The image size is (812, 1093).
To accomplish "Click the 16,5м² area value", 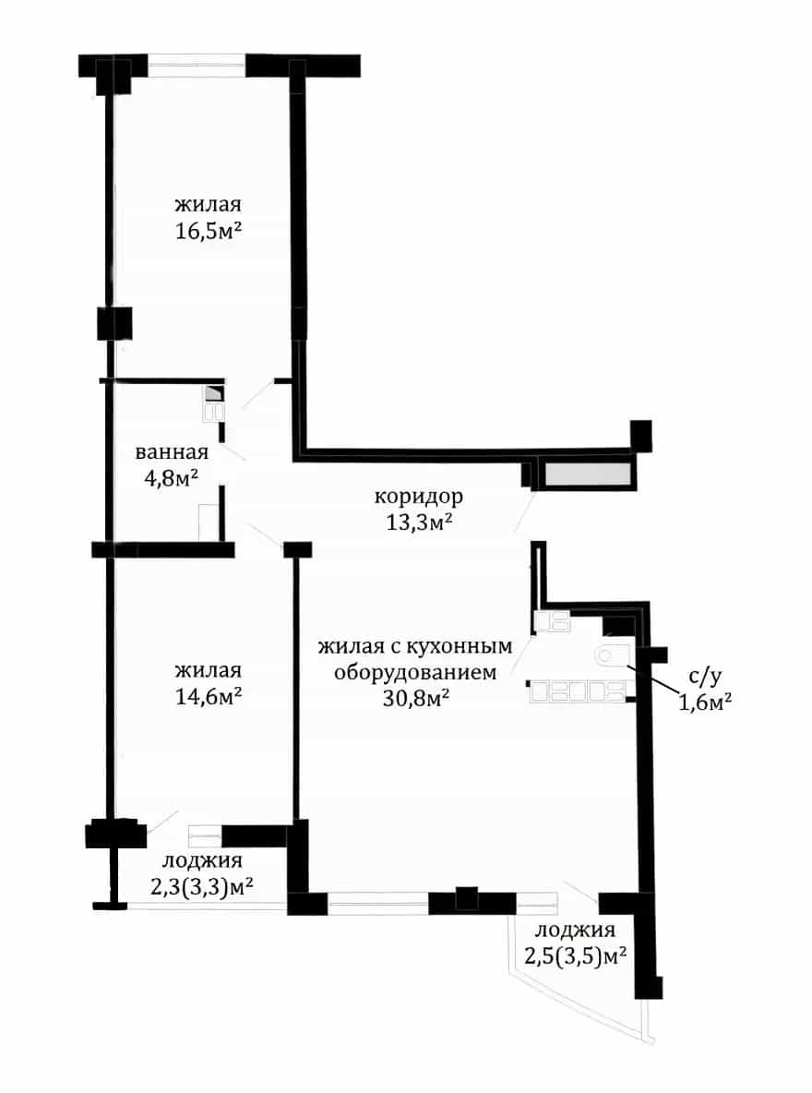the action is (x=209, y=231).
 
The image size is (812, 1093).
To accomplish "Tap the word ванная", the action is (x=172, y=452).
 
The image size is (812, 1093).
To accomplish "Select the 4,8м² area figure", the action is (x=172, y=478).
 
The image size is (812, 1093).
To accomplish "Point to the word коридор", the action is (x=418, y=498).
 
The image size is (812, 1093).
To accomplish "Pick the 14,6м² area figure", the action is (x=209, y=696).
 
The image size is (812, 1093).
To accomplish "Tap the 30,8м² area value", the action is (x=415, y=698).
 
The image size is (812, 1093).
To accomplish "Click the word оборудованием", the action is (x=415, y=673).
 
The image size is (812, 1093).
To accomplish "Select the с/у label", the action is (x=705, y=676).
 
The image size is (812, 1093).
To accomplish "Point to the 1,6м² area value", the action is (x=705, y=702).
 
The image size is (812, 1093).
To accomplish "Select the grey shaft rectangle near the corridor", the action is (x=589, y=474).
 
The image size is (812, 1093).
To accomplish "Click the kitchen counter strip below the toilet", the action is (x=578, y=691).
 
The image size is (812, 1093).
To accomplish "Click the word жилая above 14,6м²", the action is (x=208, y=670).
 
